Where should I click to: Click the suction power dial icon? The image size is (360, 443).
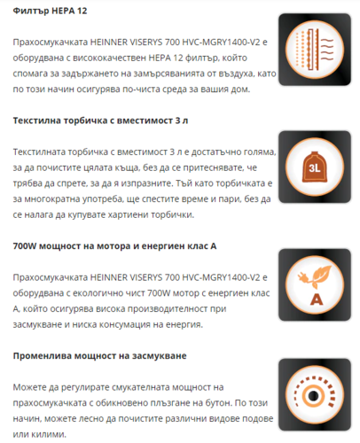(310, 393)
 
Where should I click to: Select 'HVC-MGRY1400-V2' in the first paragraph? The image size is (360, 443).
(229, 43)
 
